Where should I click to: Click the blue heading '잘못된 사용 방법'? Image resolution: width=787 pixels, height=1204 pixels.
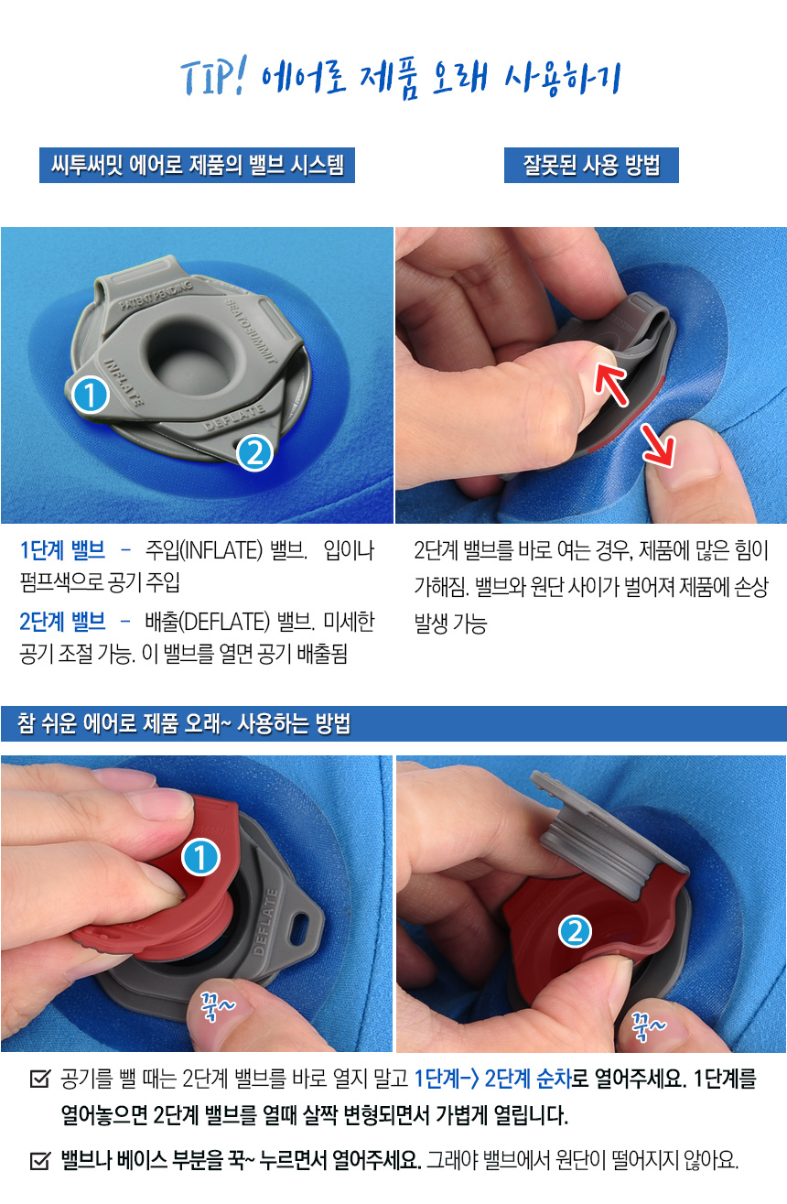point(591,165)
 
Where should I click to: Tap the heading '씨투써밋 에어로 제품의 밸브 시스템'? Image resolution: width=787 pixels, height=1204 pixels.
point(197,165)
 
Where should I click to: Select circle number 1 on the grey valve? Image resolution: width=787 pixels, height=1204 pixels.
point(91,395)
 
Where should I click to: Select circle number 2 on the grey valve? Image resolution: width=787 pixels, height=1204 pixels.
point(254,452)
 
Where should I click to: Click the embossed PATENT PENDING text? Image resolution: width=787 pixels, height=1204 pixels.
point(156,295)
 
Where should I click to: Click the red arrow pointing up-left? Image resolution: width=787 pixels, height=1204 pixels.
point(610,382)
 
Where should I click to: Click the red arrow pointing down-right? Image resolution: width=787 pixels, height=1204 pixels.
point(658,445)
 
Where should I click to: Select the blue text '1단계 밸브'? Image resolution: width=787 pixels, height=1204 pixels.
point(62,550)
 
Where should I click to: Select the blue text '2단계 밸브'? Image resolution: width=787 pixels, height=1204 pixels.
point(62,622)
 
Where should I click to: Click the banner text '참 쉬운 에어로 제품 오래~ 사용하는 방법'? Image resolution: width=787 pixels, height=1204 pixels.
point(184,723)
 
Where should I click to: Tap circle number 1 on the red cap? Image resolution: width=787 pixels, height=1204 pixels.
point(200,857)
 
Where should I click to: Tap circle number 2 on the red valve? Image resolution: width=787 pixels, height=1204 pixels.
point(575,931)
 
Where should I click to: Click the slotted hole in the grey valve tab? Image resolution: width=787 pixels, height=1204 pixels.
point(299,928)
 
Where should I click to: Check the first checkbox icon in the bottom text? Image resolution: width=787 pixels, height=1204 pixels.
point(39,1079)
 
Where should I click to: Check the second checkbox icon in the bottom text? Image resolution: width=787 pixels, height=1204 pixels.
point(39,1160)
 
